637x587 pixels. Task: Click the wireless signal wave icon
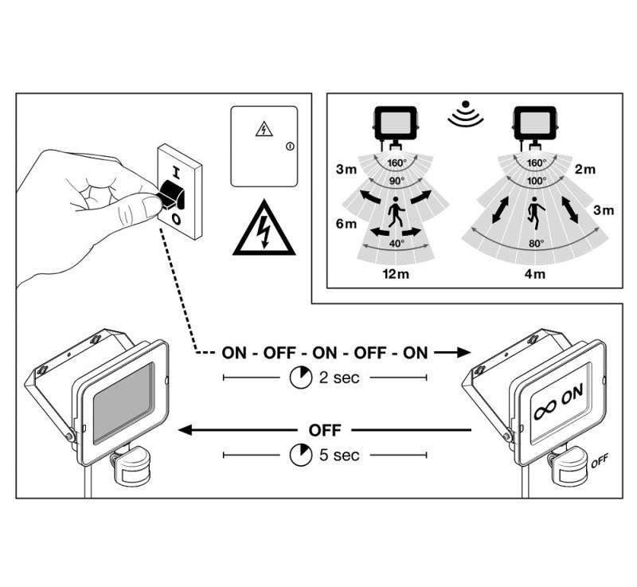[465, 115]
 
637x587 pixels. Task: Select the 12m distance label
[396, 274]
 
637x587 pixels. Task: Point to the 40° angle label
[396, 243]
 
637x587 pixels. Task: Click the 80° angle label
[535, 243]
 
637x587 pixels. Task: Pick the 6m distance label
[346, 225]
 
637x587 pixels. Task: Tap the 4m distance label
[535, 274]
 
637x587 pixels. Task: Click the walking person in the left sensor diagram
[396, 213]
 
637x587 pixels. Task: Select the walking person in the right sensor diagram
[536, 214]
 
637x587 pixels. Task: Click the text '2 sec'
[339, 378]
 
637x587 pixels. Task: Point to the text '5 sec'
[339, 455]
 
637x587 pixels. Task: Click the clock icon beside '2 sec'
[301, 378]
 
